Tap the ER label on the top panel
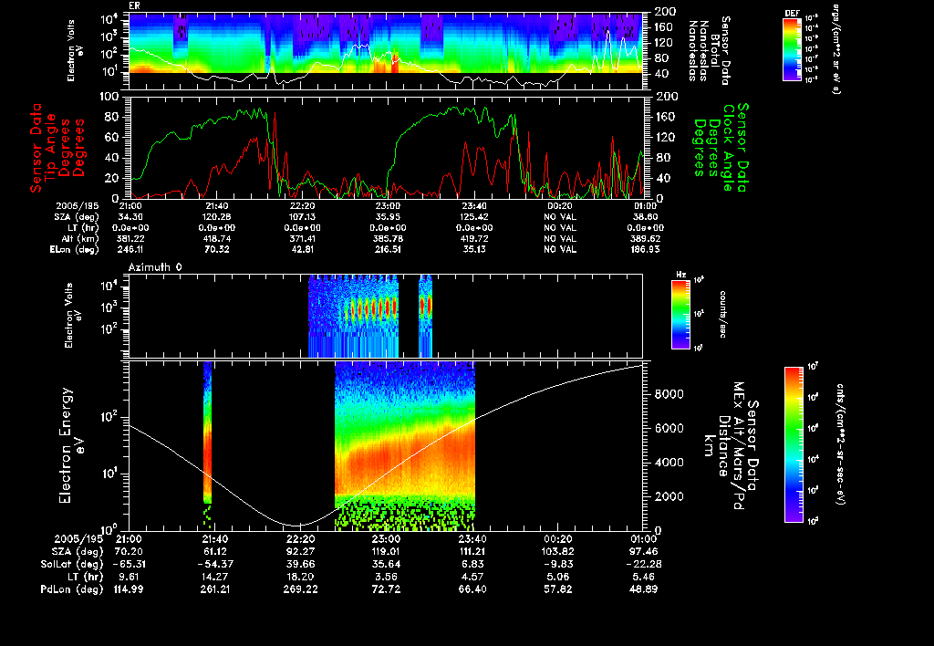click(x=134, y=5)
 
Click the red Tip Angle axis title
click(x=56, y=147)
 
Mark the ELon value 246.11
click(x=129, y=248)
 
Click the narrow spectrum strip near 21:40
click(x=207, y=438)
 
